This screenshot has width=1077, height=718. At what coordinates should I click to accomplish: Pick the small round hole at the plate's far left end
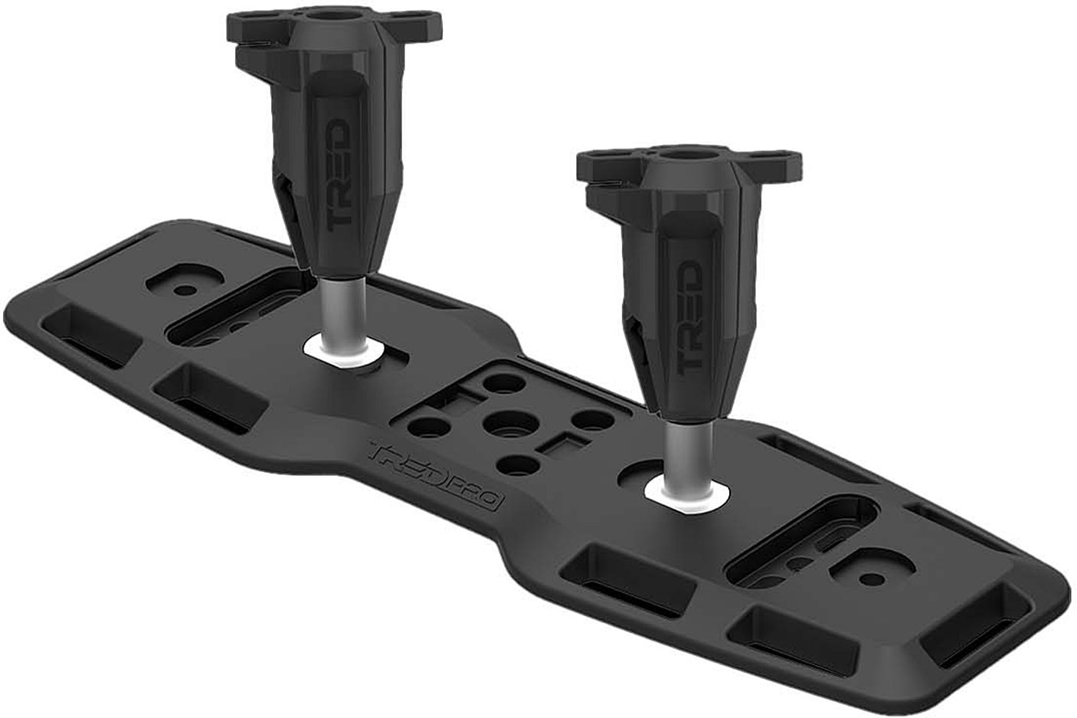[184, 290]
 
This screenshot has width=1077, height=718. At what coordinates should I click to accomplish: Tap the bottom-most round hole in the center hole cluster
[518, 464]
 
